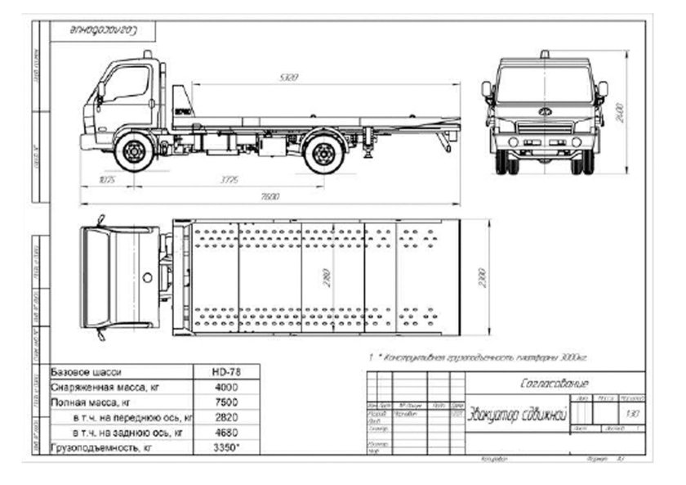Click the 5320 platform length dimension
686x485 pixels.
287,79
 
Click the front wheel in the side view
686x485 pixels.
134,152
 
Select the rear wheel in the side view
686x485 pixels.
323,153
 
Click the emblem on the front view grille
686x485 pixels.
544,111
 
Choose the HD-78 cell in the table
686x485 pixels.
226,372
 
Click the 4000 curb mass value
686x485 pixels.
226,387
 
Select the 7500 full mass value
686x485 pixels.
226,402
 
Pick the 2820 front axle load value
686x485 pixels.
226,417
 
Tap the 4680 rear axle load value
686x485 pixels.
226,432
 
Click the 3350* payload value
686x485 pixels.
226,447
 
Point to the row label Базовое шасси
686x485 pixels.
86,372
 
